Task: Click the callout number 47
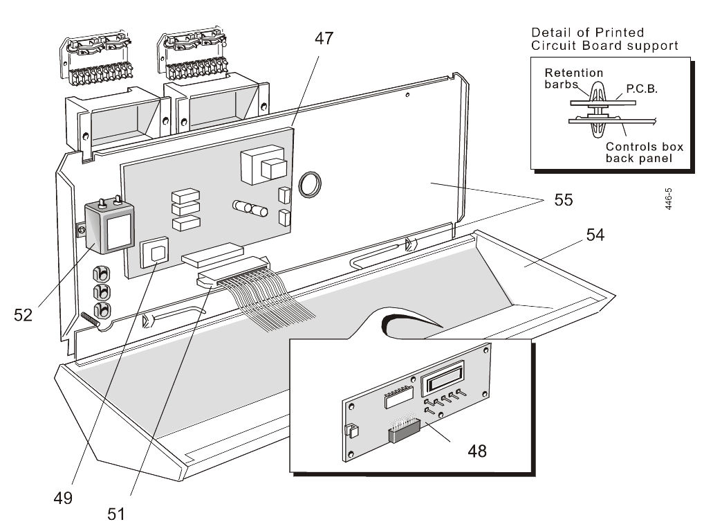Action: coord(324,39)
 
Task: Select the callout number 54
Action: coord(595,235)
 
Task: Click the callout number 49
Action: coord(64,497)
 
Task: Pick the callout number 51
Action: coord(115,514)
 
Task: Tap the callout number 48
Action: coord(476,451)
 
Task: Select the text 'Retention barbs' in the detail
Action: coord(573,78)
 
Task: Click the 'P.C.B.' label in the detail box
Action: coord(642,90)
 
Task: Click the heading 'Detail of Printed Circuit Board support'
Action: coord(603,39)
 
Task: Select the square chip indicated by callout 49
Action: coord(154,253)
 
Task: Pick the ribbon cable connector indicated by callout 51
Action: coord(232,273)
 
